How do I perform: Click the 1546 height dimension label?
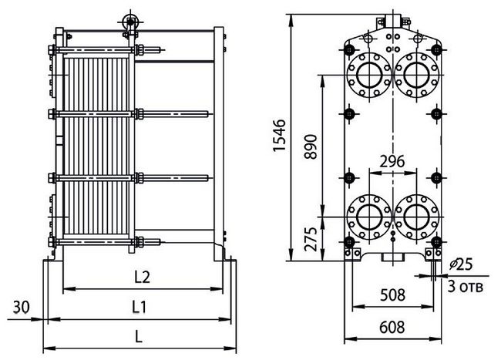(279, 136)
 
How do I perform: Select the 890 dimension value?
(311, 146)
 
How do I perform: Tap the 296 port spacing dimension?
(392, 162)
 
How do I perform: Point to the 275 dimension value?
(311, 239)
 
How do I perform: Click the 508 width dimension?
(392, 295)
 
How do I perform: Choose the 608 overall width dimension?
(392, 328)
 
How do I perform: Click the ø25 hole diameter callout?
(460, 264)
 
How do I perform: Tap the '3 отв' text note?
(465, 287)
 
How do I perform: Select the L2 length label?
(142, 277)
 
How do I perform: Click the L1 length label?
(140, 307)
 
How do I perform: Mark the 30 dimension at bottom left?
(21, 308)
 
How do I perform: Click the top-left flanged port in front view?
(369, 75)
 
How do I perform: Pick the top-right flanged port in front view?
(417, 75)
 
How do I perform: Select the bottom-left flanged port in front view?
(369, 217)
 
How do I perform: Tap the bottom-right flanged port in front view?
(417, 217)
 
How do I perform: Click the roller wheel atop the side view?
(130, 22)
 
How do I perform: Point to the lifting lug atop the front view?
(392, 21)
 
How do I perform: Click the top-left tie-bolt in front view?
(349, 50)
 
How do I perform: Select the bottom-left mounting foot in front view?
(352, 254)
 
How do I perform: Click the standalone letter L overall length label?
(138, 336)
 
